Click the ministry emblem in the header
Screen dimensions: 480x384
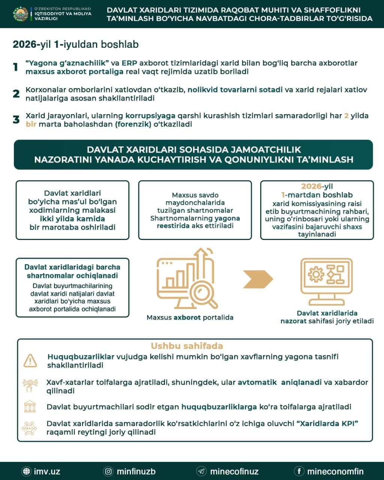tap(21, 13)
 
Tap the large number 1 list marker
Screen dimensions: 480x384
tap(16, 67)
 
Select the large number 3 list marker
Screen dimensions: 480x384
tap(16, 120)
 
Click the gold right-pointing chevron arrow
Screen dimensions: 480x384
tap(258, 279)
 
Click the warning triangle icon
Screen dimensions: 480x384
tap(30, 360)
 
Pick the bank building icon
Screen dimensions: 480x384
tap(30, 406)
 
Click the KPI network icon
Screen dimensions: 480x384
tap(29, 428)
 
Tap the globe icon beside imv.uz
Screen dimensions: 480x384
tap(26, 471)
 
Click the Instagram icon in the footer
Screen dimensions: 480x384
tap(108, 471)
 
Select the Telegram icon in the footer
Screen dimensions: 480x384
tap(201, 471)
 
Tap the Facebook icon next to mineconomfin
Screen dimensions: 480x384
tap(299, 471)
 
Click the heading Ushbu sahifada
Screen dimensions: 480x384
tap(187, 346)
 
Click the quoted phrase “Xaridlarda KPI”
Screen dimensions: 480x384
tap(327, 424)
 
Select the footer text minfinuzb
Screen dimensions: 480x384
tap(136, 471)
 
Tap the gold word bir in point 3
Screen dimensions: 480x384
tap(31, 124)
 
